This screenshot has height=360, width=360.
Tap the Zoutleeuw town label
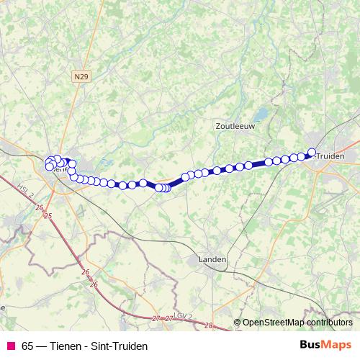point(235,125)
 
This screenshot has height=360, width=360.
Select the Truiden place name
point(330,156)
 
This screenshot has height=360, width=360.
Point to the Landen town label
point(212,259)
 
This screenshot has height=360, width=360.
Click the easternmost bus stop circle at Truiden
point(312,152)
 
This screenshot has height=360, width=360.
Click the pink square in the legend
point(10,346)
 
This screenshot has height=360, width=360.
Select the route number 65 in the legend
point(28,346)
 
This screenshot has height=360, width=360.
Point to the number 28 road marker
point(207,326)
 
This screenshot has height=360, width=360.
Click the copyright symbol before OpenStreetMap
point(237,323)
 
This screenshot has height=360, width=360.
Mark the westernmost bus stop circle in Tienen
point(49,166)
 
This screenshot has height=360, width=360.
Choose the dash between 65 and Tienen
point(43,346)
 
